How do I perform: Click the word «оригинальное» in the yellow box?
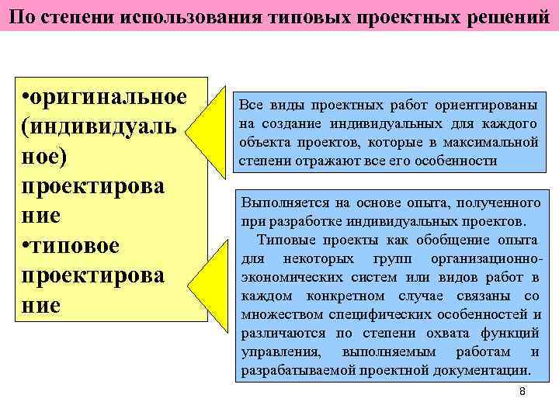tap(109, 99)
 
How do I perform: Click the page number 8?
tap(523, 392)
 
